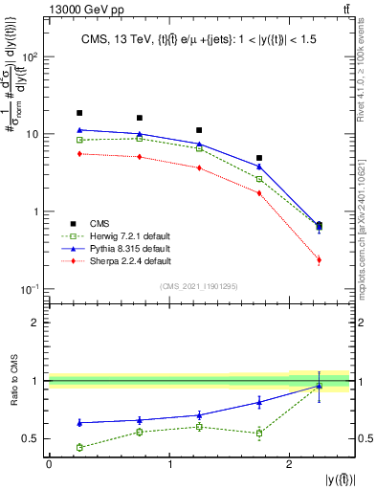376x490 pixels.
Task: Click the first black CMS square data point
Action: click(79, 113)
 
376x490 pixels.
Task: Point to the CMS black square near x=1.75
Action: click(259, 158)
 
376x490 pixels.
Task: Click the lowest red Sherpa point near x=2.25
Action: click(319, 260)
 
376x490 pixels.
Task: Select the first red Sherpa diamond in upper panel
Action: click(79, 153)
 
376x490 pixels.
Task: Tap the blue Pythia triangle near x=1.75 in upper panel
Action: click(259, 167)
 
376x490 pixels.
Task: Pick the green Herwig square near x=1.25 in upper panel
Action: click(199, 148)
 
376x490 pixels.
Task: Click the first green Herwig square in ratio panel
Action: click(79, 447)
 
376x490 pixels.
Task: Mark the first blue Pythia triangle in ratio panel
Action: click(79, 422)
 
